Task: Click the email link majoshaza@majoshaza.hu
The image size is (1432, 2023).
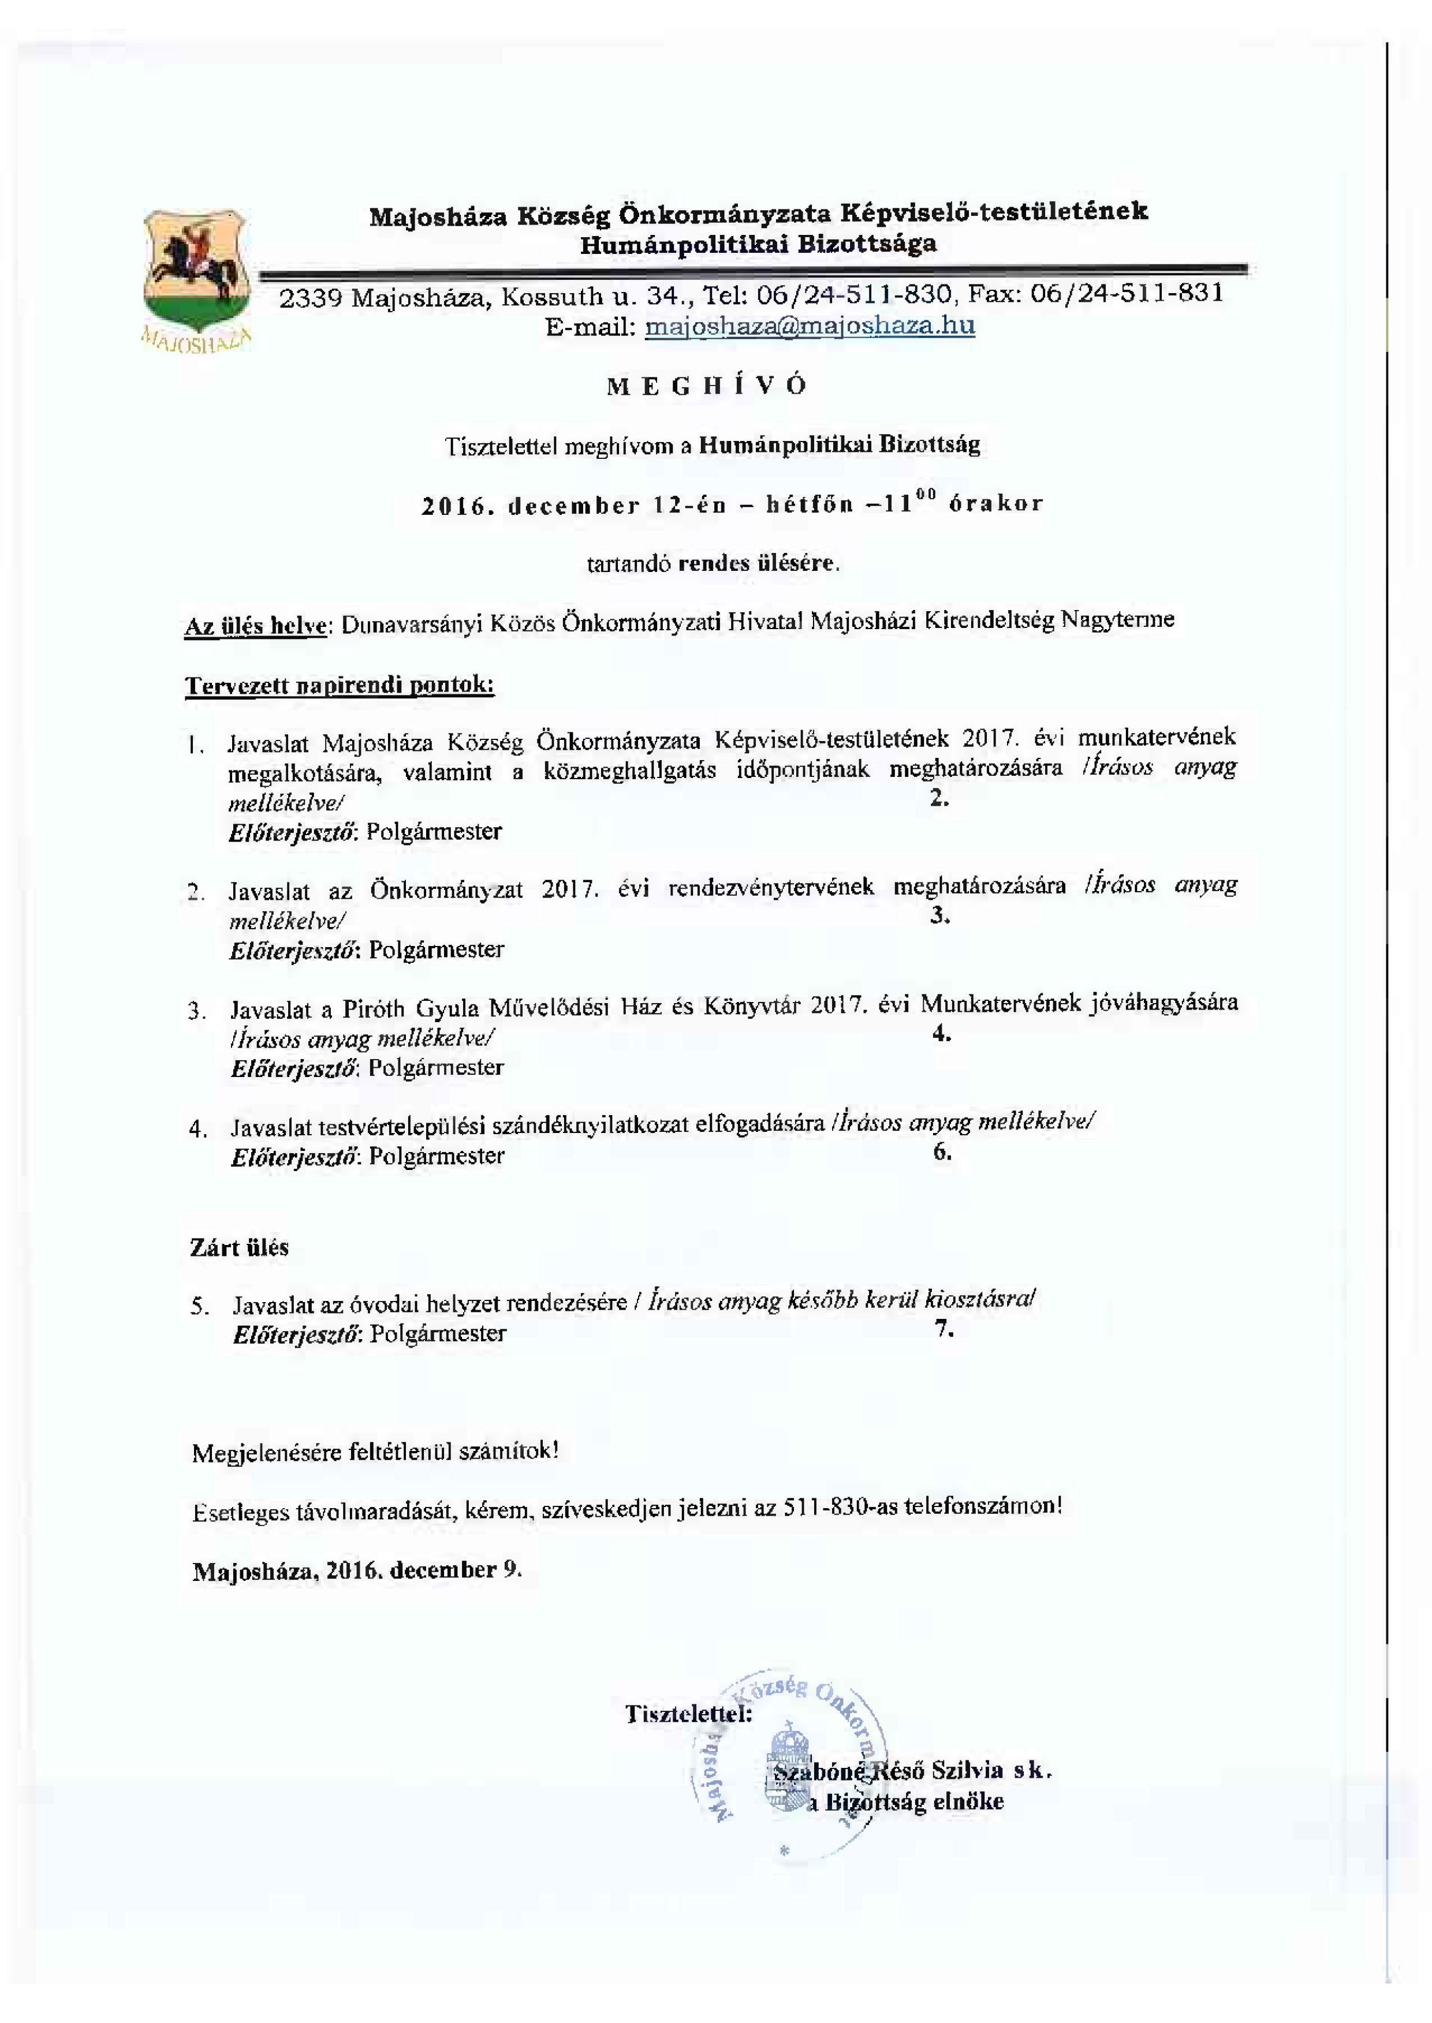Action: click(x=810, y=326)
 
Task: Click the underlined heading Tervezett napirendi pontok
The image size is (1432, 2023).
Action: click(x=340, y=685)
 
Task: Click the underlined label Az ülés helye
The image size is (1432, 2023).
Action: click(x=256, y=626)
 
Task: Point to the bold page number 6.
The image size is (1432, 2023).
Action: click(x=942, y=1151)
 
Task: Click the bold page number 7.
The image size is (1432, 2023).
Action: click(x=944, y=1329)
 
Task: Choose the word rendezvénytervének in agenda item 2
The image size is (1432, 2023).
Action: click(x=771, y=887)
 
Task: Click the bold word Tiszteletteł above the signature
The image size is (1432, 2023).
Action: click(x=688, y=1714)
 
